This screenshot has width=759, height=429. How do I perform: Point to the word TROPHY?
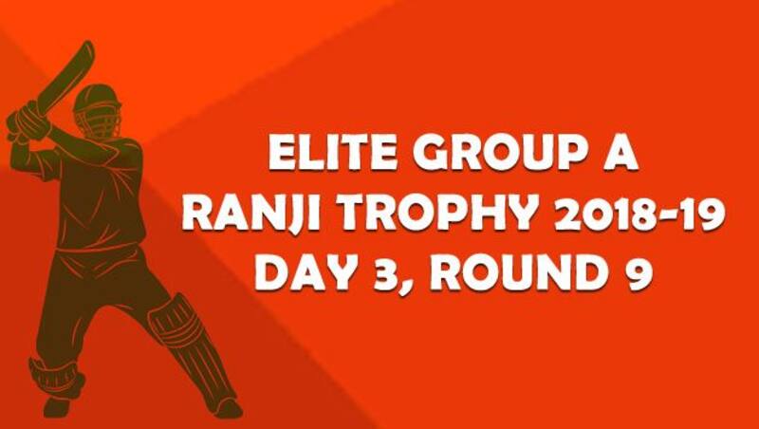(x=437, y=214)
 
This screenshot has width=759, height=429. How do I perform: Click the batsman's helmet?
(x=98, y=110)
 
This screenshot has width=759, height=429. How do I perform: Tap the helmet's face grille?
(x=104, y=121)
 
